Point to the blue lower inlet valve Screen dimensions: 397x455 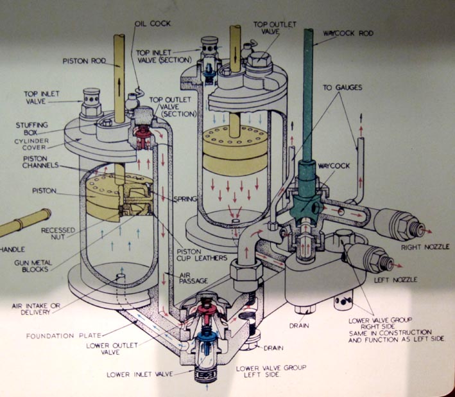(207, 337)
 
